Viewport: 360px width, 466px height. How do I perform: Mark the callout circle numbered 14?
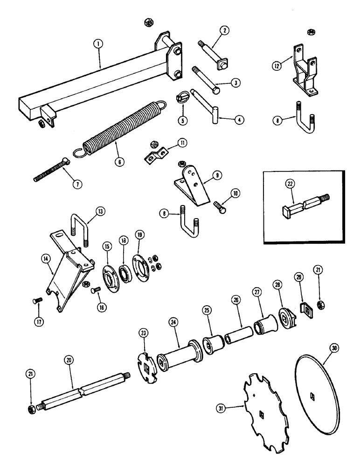pyautogui.click(x=47, y=269)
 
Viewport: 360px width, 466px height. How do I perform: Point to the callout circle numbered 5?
pyautogui.click(x=182, y=120)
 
